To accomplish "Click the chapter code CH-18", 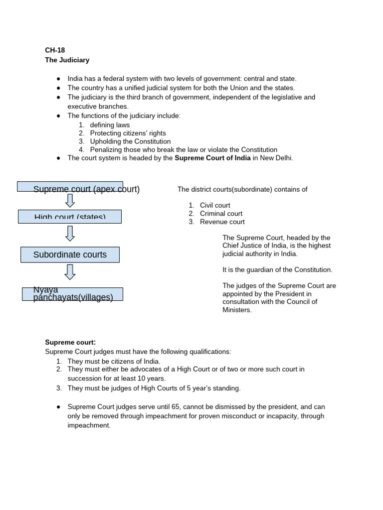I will (55, 50).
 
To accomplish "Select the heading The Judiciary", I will (67, 60).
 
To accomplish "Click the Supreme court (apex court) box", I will (70, 187).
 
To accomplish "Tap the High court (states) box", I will (70, 217).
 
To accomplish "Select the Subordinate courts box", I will (70, 255).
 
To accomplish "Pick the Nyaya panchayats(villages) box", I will (73, 294).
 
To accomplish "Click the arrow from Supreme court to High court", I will (70, 201).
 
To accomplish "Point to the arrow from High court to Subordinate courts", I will (70, 233).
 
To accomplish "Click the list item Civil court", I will (215, 205).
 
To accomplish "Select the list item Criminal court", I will (221, 214).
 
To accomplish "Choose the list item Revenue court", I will (222, 222).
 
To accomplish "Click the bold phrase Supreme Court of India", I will (212, 158).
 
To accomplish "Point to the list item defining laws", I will (110, 125).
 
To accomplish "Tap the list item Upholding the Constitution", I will (130, 141).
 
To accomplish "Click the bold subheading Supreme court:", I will (70, 342).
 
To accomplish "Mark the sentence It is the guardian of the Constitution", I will (277, 270).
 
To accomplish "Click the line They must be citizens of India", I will (114, 361).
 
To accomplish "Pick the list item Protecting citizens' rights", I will (128, 133).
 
